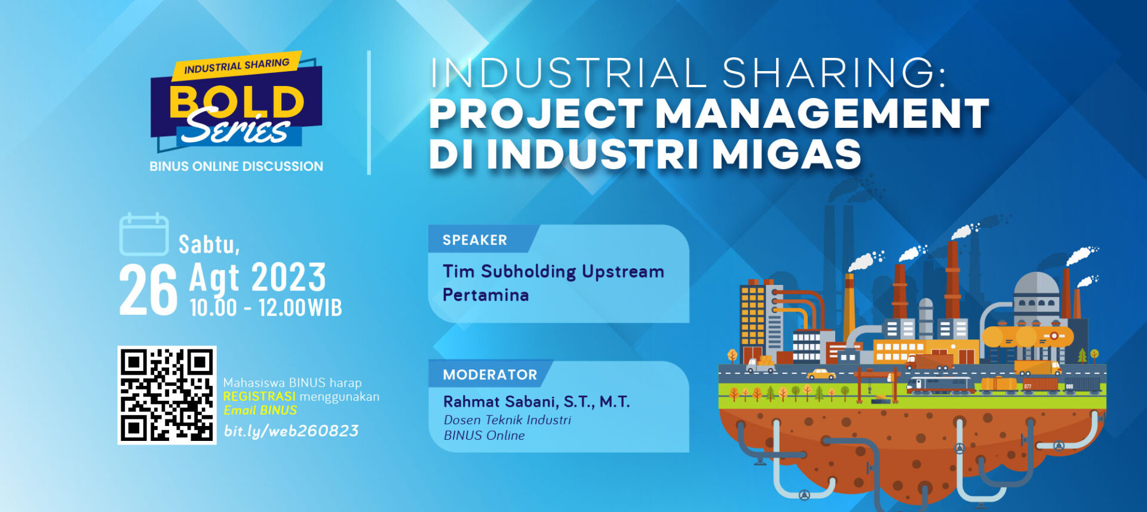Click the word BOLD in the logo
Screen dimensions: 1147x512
237,102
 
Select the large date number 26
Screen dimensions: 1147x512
148,290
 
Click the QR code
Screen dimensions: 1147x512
167,395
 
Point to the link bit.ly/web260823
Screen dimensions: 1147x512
291,431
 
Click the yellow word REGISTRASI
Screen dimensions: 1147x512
259,397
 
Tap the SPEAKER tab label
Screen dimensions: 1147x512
475,240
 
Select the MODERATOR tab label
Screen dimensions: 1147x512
490,375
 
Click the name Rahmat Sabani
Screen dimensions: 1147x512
501,401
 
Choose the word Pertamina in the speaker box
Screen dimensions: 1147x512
486,295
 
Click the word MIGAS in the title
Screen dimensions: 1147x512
787,154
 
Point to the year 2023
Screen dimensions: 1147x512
289,278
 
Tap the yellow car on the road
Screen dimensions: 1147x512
821,375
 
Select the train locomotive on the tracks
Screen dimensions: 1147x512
939,385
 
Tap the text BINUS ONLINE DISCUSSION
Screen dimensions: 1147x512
236,166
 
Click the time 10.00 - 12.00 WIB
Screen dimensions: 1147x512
266,308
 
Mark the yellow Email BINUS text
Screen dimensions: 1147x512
260,410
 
